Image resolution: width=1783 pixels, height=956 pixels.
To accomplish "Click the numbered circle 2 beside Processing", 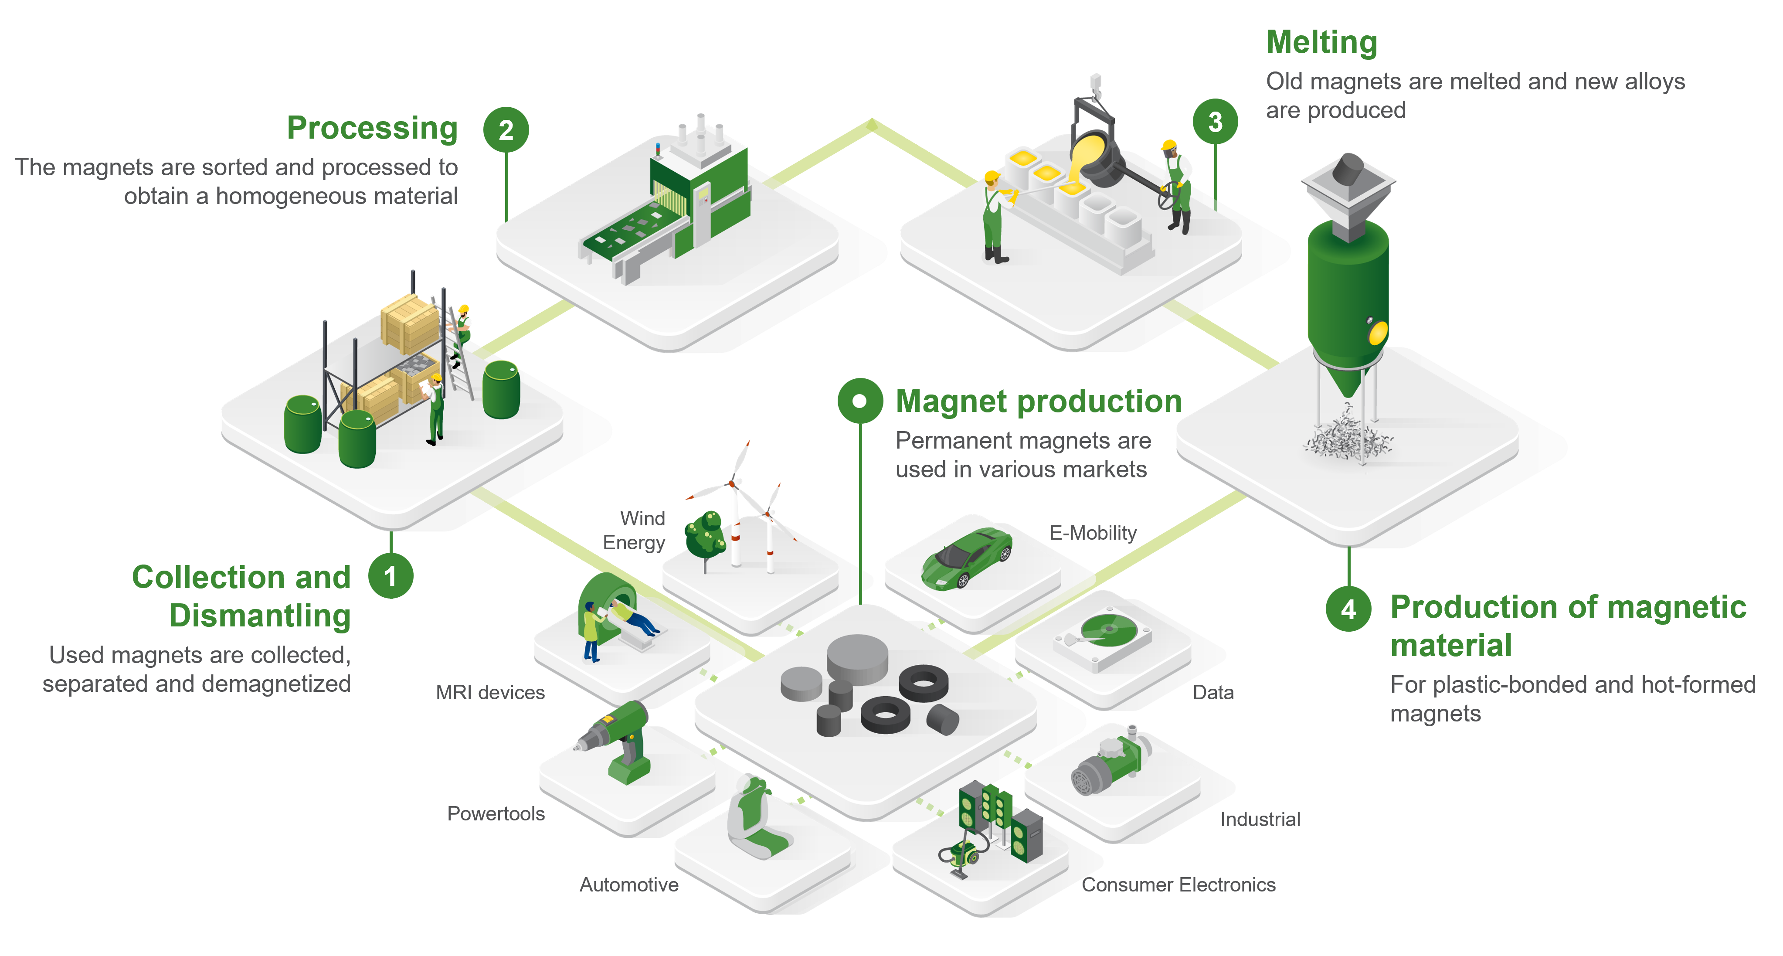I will [506, 129].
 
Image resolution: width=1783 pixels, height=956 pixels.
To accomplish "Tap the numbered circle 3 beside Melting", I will [1216, 122].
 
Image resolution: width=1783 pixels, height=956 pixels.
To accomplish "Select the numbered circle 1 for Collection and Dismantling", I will [391, 575].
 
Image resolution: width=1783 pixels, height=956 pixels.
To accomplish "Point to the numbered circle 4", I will [1348, 609].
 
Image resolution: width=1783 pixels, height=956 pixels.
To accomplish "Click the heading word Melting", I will [1321, 42].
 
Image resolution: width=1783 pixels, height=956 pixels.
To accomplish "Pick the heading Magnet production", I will [1038, 401].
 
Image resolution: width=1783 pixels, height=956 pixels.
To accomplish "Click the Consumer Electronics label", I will [1178, 884].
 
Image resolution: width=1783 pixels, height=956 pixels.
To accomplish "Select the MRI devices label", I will [490, 692].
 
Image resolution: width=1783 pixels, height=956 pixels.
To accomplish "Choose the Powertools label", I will [496, 813].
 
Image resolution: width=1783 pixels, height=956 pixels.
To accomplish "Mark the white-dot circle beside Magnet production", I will [859, 401].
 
